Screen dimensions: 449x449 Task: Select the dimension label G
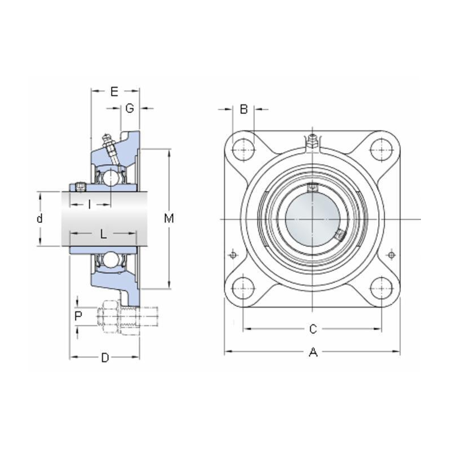pos(130,108)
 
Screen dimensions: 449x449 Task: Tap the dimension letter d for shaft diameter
pos(39,218)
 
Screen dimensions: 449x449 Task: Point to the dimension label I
pos(90,204)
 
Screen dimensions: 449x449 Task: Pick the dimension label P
pos(79,317)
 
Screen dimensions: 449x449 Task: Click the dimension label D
pos(104,358)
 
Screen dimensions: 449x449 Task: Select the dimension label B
pos(244,109)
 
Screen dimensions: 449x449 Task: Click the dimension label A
pos(313,352)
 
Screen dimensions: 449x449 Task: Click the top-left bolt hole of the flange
pos(243,148)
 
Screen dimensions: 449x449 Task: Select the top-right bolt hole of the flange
pos(382,148)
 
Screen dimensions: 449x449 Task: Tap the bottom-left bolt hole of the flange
pos(243,288)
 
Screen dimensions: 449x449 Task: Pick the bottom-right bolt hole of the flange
pos(382,288)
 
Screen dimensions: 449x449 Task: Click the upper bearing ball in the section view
pos(112,178)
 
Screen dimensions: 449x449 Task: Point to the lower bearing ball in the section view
pos(112,259)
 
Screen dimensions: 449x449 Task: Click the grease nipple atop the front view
pos(313,139)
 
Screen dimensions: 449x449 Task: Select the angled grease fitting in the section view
pos(108,145)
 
